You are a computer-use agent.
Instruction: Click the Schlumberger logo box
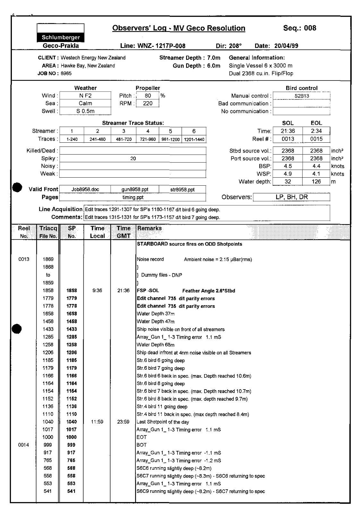click(x=61, y=33)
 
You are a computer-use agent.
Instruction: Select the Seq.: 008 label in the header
click(x=300, y=28)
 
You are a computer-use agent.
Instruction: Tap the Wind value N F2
click(x=85, y=96)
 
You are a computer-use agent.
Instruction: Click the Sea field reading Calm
click(x=85, y=103)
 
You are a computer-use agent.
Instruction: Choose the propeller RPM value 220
click(x=148, y=103)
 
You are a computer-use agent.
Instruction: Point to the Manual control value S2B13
click(x=302, y=96)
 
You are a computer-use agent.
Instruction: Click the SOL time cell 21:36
click(x=288, y=131)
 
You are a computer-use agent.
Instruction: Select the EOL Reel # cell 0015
click(x=316, y=139)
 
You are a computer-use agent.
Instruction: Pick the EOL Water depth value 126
click(x=316, y=181)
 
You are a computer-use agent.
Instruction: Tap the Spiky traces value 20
click(x=133, y=158)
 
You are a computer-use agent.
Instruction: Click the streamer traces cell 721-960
click(x=148, y=139)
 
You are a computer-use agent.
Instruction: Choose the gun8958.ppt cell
click(x=135, y=189)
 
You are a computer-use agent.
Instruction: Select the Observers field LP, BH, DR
click(x=291, y=197)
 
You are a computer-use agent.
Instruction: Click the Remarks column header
click(x=149, y=228)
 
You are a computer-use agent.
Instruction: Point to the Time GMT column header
click(x=124, y=232)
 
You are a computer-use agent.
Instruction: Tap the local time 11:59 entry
click(x=97, y=422)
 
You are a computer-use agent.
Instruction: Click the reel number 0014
click(x=24, y=445)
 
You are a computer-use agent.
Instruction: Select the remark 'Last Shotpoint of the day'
click(x=163, y=422)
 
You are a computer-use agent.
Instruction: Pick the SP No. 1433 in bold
click(x=72, y=329)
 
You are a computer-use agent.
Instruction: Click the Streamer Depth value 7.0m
click(x=214, y=58)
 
